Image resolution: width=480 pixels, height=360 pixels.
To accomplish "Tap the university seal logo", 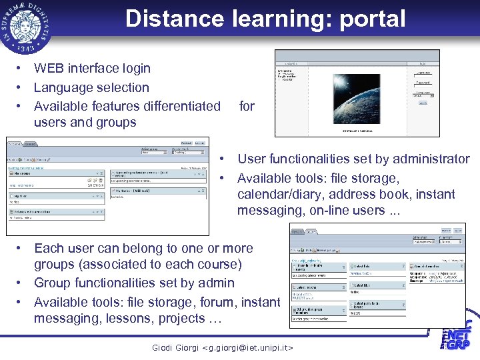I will tap(27, 27).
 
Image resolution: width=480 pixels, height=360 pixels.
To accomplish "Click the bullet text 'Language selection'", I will tap(91, 87).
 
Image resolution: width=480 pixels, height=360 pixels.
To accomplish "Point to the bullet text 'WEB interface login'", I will tap(92, 68).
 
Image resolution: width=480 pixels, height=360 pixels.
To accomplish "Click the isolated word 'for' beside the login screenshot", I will tap(247, 106).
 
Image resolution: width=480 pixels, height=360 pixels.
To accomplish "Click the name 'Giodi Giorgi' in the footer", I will tap(176, 348).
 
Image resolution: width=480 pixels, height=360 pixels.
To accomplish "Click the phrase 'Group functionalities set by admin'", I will tap(134, 283).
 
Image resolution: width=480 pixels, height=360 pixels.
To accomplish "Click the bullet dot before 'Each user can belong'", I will tap(21, 249).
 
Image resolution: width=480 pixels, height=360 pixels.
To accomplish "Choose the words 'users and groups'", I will tap(85, 123).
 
